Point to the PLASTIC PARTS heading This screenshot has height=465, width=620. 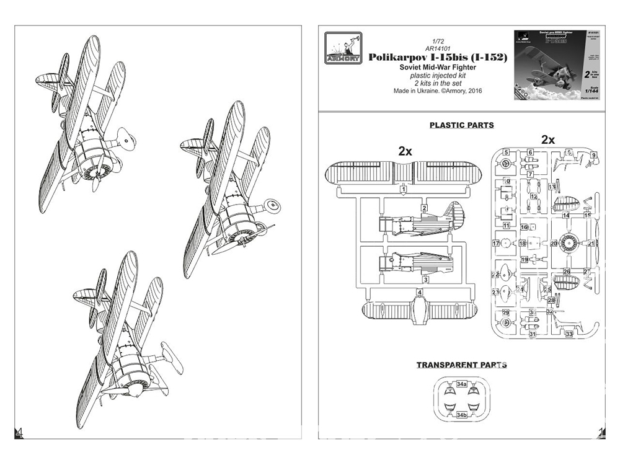pos(461,125)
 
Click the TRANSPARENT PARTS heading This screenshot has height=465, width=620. pos(461,365)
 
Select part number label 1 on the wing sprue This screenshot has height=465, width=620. pos(404,188)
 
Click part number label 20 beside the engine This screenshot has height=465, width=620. pos(554,244)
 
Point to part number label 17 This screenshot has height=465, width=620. pos(495,244)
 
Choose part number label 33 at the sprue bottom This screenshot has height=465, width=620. pos(569,334)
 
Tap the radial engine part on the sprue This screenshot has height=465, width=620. pos(571,243)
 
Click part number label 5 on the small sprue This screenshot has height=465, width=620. pos(506,152)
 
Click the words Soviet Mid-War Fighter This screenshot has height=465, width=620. pos(438,67)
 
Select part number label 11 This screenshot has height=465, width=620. pos(507,226)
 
